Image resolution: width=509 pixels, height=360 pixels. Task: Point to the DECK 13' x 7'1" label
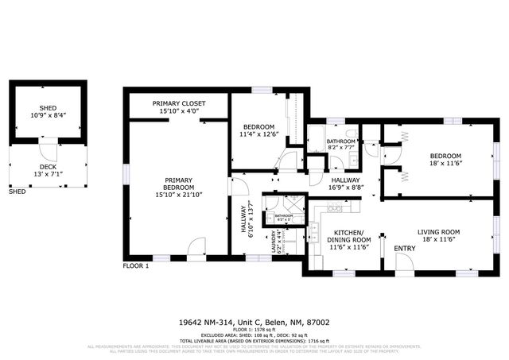[x=48, y=169]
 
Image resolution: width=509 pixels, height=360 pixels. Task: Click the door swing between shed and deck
[x=49, y=148]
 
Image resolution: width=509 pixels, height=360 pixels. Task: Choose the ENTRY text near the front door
[x=405, y=249]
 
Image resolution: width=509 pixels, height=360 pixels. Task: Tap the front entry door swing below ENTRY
[x=404, y=265]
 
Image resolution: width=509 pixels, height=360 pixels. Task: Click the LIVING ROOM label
[x=440, y=232]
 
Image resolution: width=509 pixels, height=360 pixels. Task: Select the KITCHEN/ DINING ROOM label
[x=350, y=239]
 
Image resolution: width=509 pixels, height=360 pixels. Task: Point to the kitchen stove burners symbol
[x=335, y=209]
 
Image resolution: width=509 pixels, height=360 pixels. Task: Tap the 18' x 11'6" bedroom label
[x=445, y=159]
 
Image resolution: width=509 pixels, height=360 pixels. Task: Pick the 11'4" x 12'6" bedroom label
[x=259, y=131]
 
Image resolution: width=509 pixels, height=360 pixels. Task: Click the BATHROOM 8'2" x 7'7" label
[x=342, y=144]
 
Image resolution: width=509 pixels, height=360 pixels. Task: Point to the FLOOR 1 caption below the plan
[x=135, y=265]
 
